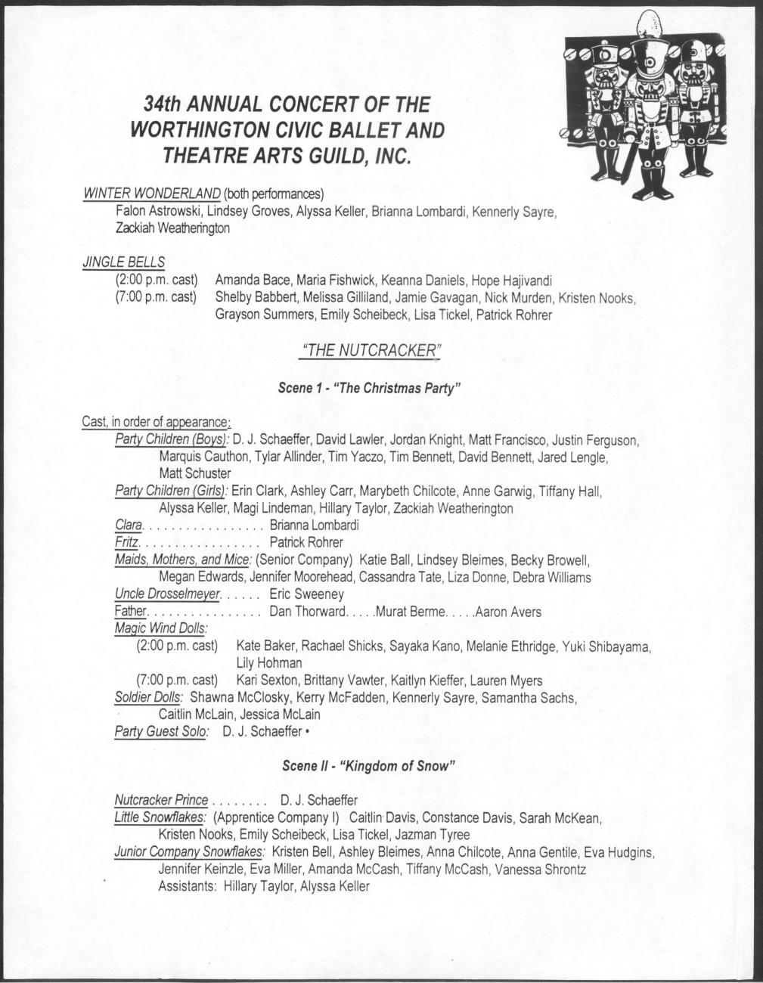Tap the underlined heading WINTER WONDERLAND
point(151,193)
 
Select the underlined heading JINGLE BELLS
point(123,262)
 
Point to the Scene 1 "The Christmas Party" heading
point(370,389)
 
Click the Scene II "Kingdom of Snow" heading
point(368,765)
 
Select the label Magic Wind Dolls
point(161,628)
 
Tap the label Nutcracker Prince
point(161,800)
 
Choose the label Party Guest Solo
point(160,732)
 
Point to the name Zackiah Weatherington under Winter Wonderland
point(173,228)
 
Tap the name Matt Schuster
point(195,474)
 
